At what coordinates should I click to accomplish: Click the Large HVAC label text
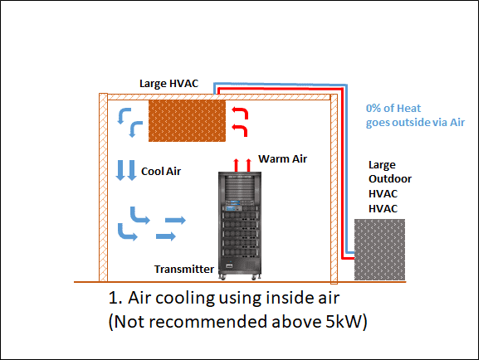click(x=168, y=84)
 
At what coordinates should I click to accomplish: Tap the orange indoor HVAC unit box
click(x=187, y=120)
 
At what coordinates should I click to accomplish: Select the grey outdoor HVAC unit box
click(x=379, y=250)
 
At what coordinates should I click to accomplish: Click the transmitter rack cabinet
click(x=240, y=226)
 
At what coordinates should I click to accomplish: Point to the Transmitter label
click(x=184, y=270)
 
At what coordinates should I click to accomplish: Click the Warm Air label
click(x=282, y=159)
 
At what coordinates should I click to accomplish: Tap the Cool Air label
click(x=161, y=172)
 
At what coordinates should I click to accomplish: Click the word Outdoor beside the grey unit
click(x=390, y=178)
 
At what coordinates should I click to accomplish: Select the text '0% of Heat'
click(x=393, y=109)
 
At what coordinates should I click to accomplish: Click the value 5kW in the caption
click(x=343, y=321)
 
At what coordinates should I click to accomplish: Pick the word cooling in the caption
click(x=185, y=298)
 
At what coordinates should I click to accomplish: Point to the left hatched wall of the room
click(x=103, y=187)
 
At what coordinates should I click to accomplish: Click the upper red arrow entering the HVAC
click(x=243, y=112)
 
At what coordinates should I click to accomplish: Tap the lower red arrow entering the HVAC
click(x=242, y=129)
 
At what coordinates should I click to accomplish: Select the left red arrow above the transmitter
click(x=236, y=165)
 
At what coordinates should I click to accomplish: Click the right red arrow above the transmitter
click(x=248, y=165)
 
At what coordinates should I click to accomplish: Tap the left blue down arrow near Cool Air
click(x=120, y=170)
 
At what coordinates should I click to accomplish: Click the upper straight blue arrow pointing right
click(x=175, y=220)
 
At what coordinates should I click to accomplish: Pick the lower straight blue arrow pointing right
click(x=166, y=236)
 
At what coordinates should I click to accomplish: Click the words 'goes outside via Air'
click(x=415, y=122)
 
